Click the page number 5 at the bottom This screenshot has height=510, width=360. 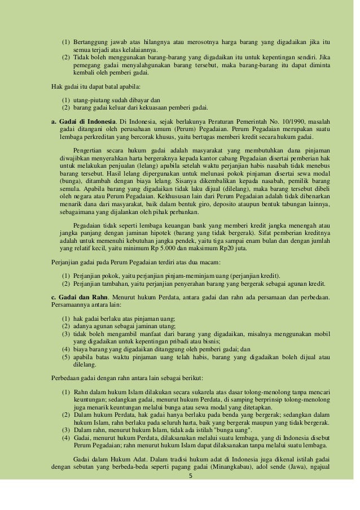(190, 475)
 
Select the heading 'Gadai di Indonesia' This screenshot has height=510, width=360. (85, 122)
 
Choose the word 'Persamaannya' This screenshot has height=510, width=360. (68, 305)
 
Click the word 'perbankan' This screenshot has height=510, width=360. (181, 212)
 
